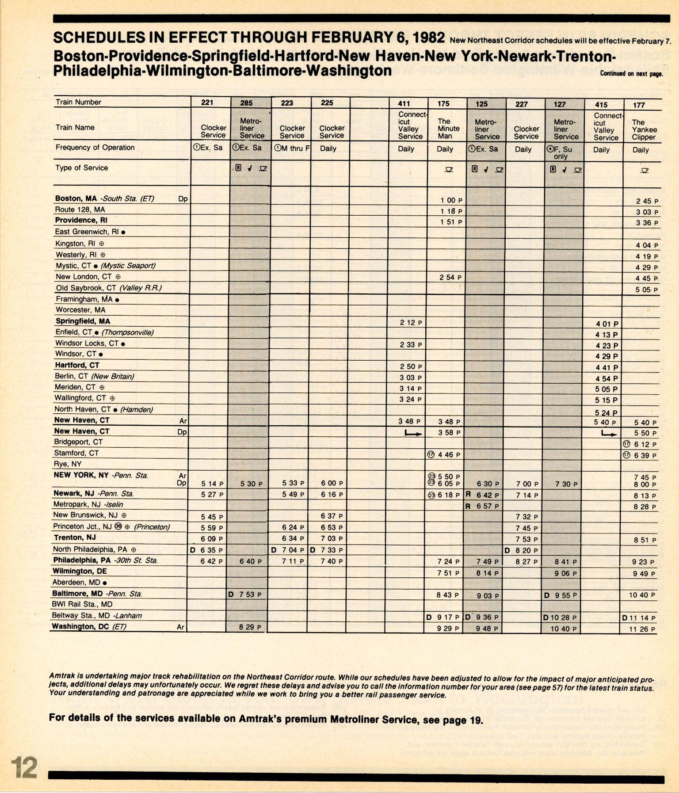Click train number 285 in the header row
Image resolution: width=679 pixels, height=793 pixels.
246,103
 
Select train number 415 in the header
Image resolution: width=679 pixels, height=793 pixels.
601,105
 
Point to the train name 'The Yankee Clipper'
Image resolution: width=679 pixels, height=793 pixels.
644,130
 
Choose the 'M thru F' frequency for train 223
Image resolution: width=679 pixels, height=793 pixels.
292,148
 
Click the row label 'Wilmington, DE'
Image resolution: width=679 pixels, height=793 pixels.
80,571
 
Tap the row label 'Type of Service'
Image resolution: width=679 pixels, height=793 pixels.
81,168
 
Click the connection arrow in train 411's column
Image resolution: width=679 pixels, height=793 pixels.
413,434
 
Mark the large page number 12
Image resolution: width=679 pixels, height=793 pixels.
24,767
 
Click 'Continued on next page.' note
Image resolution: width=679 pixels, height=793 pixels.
631,74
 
